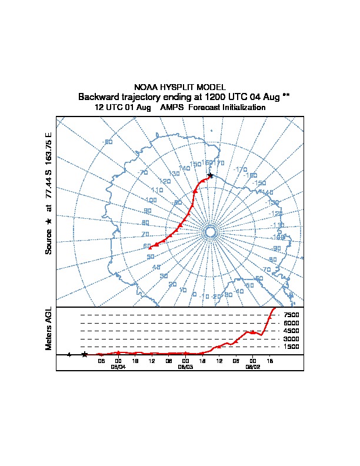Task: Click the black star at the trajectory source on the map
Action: pyautogui.click(x=210, y=175)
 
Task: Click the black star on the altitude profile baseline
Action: pyautogui.click(x=85, y=354)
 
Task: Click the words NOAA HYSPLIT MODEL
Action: pyautogui.click(x=180, y=87)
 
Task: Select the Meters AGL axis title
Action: pyautogui.click(x=49, y=328)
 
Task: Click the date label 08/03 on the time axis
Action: pyautogui.click(x=186, y=367)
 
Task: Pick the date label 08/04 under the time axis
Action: pyautogui.click(x=118, y=367)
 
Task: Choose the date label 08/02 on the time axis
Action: pyautogui.click(x=253, y=367)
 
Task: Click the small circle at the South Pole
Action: pyautogui.click(x=210, y=232)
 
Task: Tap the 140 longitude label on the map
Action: pyautogui.click(x=184, y=168)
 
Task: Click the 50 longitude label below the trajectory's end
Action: pyautogui.click(x=151, y=257)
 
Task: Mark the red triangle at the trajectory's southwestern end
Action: pyautogui.click(x=150, y=248)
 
